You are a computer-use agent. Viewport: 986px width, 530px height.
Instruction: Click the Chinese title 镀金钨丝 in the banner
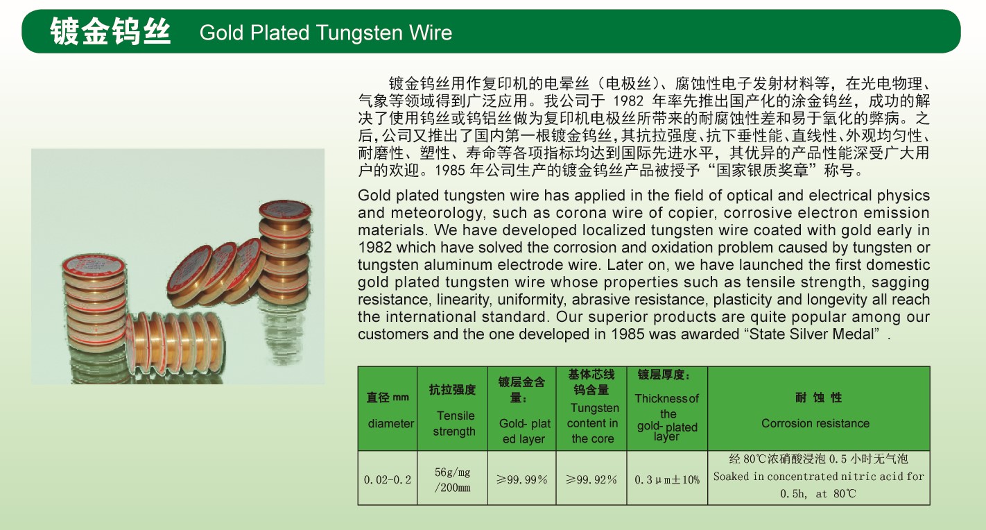point(110,32)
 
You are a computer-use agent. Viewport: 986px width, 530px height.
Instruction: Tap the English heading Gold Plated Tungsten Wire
point(326,33)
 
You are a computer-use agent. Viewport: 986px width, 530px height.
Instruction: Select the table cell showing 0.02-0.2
point(388,479)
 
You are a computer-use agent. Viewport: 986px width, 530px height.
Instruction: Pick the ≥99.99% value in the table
point(521,479)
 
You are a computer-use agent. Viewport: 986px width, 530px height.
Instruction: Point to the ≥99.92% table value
point(591,479)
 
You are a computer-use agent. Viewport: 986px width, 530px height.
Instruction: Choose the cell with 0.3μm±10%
point(667,480)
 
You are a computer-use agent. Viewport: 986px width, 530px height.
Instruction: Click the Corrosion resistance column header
point(815,423)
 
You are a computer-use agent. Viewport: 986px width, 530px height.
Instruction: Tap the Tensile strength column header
point(454,423)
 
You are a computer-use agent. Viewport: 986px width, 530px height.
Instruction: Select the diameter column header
point(391,424)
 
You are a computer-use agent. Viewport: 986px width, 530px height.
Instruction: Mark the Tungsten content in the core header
point(592,423)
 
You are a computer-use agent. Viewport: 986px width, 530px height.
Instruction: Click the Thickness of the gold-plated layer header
point(667,417)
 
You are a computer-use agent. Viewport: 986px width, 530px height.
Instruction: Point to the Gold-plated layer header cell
point(524,431)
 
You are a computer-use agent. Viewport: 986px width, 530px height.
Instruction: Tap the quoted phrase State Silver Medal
point(812,334)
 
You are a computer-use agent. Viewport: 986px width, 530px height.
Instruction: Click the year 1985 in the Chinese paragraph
point(450,171)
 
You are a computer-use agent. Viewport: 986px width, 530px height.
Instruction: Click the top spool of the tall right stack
point(285,212)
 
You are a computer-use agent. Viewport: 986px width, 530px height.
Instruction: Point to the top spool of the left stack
point(94,266)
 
